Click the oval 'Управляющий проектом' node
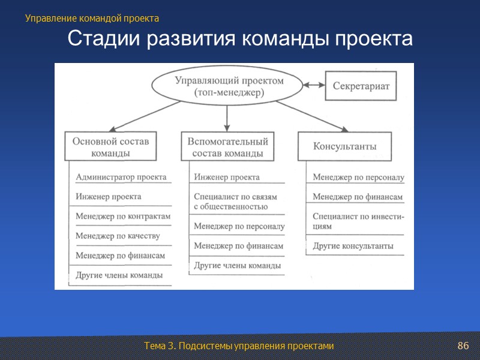[x=229, y=86]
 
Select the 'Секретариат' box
[x=361, y=86]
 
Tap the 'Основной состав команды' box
[x=110, y=147]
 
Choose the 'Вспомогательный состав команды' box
[x=227, y=147]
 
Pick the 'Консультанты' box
[x=345, y=146]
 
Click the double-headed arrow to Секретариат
[x=313, y=86]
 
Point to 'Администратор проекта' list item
[x=121, y=178]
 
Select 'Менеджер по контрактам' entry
[x=123, y=216]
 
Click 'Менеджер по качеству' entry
[x=118, y=236]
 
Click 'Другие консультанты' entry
[x=353, y=246]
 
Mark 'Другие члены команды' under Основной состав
[x=119, y=275]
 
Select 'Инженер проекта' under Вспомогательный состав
[x=226, y=178]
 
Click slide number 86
[x=463, y=346]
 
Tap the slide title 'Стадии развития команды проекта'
[x=240, y=40]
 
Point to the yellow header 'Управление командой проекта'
[x=92, y=19]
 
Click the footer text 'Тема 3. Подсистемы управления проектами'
[x=238, y=346]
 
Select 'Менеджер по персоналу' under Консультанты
[x=358, y=178]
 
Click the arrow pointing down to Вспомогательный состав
[x=227, y=118]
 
